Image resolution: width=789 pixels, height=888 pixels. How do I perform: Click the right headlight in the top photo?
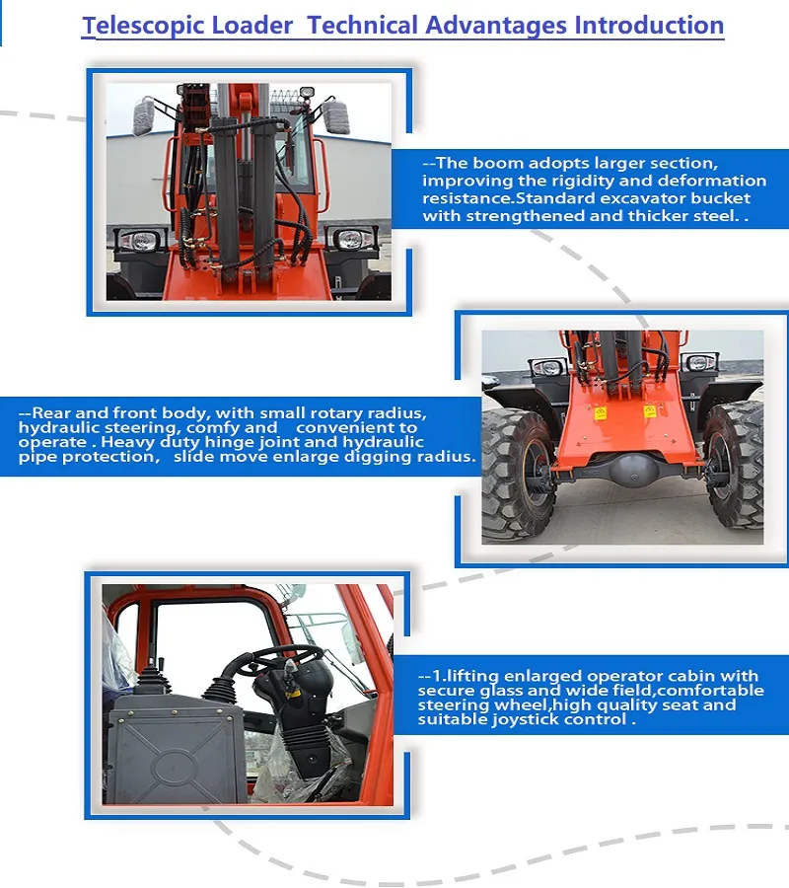pyautogui.click(x=349, y=240)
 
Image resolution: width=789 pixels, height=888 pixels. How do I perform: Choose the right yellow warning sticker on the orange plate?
pyautogui.click(x=650, y=409)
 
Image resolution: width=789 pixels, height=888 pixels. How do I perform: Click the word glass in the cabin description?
pyautogui.click(x=496, y=691)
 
